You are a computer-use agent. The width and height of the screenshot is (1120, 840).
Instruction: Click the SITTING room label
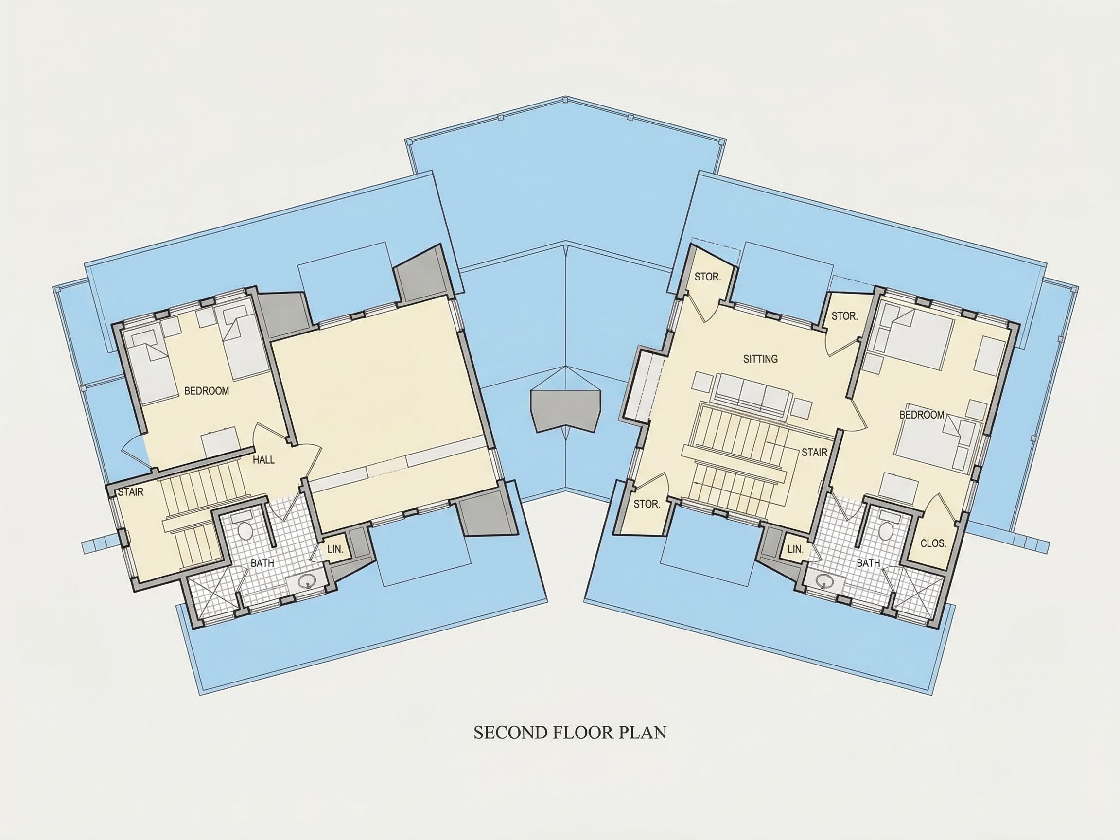760,359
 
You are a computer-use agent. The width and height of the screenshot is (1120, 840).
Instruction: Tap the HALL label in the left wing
263,460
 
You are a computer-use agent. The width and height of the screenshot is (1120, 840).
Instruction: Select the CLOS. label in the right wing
933,543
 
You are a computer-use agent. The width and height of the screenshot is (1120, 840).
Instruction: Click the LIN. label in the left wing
335,549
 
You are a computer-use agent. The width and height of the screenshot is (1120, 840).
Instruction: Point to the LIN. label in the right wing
795,549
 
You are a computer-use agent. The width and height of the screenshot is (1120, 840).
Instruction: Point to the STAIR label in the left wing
131,492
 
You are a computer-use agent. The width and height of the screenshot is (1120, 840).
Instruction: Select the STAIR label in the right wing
814,452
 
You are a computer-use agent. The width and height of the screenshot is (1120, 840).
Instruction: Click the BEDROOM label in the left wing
206,391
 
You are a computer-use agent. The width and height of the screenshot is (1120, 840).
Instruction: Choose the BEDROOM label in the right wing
922,415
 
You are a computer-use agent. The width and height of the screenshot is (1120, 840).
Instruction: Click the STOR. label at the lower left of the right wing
647,504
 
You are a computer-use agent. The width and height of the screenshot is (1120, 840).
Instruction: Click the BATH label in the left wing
262,563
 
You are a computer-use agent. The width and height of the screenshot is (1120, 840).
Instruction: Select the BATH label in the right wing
868,563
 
